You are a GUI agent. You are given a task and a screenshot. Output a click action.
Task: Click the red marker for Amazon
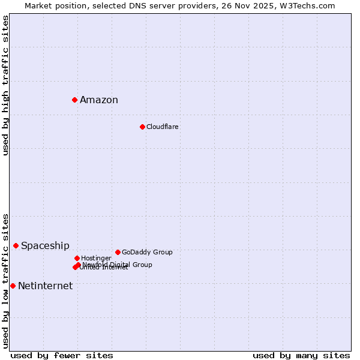(x=74, y=100)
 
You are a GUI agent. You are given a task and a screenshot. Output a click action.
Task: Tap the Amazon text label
(x=99, y=100)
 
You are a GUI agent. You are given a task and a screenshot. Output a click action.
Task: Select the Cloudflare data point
(x=142, y=127)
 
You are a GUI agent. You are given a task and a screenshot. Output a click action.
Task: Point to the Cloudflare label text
(x=163, y=127)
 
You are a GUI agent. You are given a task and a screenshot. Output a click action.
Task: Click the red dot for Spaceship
(x=16, y=245)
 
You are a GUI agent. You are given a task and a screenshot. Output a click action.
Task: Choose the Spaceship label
(x=45, y=246)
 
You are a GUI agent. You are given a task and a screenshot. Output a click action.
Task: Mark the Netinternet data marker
(x=13, y=286)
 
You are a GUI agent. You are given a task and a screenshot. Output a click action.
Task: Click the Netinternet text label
(x=45, y=286)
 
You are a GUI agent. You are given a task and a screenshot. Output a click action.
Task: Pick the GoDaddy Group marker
(x=118, y=252)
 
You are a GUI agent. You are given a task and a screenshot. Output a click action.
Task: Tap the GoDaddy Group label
(x=147, y=253)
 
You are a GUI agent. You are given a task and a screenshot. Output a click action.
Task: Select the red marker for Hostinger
(x=77, y=258)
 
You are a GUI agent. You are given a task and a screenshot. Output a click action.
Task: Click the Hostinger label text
(x=96, y=259)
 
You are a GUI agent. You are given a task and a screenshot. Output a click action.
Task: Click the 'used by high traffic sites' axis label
(x=5, y=85)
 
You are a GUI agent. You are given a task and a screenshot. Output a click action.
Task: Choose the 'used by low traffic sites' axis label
(x=5, y=280)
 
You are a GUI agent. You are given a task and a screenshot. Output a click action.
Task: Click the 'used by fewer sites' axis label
(x=62, y=356)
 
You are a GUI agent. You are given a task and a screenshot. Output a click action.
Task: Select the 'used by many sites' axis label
(x=301, y=356)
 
